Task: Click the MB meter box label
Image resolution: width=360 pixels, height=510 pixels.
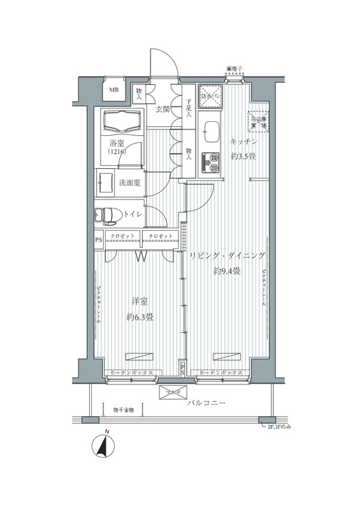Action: [x=114, y=89]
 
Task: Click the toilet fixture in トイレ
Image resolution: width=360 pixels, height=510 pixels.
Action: [x=106, y=215]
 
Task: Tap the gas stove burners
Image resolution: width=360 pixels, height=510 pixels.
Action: [x=210, y=162]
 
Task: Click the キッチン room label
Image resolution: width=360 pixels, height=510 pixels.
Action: [x=243, y=143]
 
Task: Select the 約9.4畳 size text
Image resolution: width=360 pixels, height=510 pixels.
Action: [x=227, y=271]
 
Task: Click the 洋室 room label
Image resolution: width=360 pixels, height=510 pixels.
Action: [x=140, y=302]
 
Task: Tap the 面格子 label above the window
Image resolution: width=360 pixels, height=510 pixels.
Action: [x=235, y=68]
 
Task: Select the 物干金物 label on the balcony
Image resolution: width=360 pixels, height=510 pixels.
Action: [x=124, y=409]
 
